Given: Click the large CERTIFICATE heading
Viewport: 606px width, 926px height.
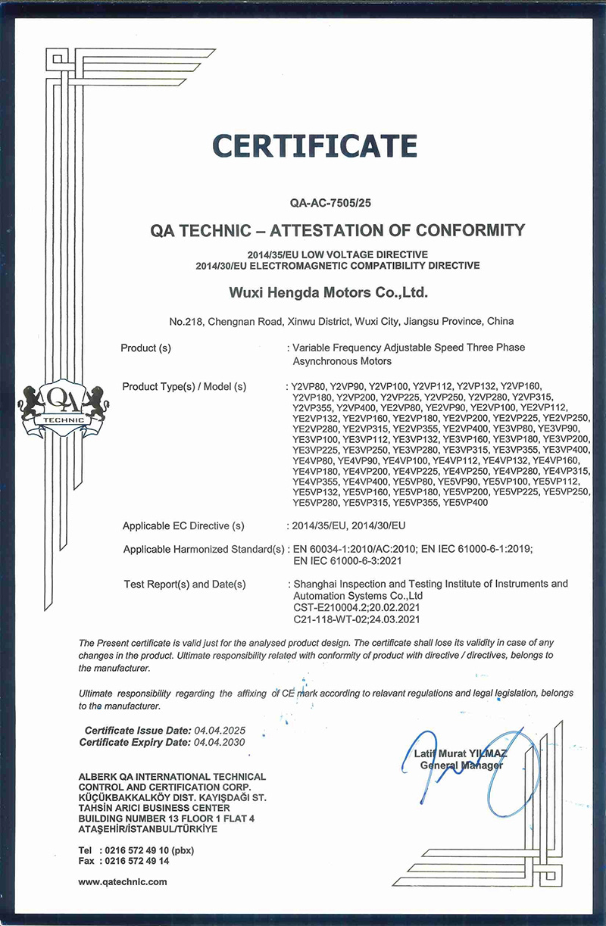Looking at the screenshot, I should pyautogui.click(x=314, y=145).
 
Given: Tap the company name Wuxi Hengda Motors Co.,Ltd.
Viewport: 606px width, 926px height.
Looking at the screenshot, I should pyautogui.click(x=329, y=292).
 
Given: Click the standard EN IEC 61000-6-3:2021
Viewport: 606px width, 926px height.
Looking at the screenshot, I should pyautogui.click(x=346, y=561).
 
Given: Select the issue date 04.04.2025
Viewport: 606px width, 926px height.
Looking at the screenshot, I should pyautogui.click(x=220, y=731).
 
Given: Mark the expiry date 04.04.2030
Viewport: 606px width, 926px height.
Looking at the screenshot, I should pyautogui.click(x=220, y=743).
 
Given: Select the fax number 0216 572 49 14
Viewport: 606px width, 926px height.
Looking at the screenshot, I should pyautogui.click(x=133, y=861).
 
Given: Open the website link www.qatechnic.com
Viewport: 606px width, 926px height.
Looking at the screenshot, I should pyautogui.click(x=123, y=881).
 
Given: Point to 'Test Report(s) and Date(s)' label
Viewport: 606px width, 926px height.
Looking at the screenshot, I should pyautogui.click(x=185, y=584).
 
